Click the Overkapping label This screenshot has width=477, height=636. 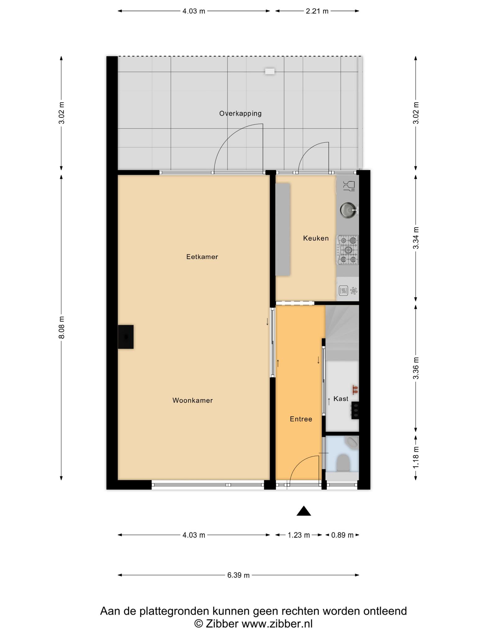pyautogui.click(x=240, y=114)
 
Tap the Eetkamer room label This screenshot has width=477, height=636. pyautogui.click(x=202, y=257)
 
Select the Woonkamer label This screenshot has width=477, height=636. pyautogui.click(x=193, y=401)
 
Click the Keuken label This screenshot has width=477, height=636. pyautogui.click(x=316, y=238)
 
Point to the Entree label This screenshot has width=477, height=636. pyautogui.click(x=301, y=419)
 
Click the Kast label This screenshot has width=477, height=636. pyautogui.click(x=341, y=399)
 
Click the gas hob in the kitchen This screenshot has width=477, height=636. pyautogui.click(x=348, y=250)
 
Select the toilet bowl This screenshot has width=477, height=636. pyautogui.click(x=343, y=463)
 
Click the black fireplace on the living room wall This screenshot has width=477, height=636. pyautogui.click(x=126, y=337)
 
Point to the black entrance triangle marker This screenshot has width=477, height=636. pyautogui.click(x=304, y=511)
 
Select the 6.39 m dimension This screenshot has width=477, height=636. pyautogui.click(x=238, y=575)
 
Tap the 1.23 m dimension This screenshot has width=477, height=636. pyautogui.click(x=299, y=535)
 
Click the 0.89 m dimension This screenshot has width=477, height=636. pyautogui.click(x=342, y=535)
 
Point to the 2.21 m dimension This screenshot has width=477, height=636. pyautogui.click(x=317, y=11)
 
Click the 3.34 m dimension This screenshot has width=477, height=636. pyautogui.click(x=416, y=238)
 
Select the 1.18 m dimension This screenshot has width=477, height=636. pyautogui.click(x=416, y=457)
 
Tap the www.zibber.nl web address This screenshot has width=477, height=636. pyautogui.click(x=277, y=624)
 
